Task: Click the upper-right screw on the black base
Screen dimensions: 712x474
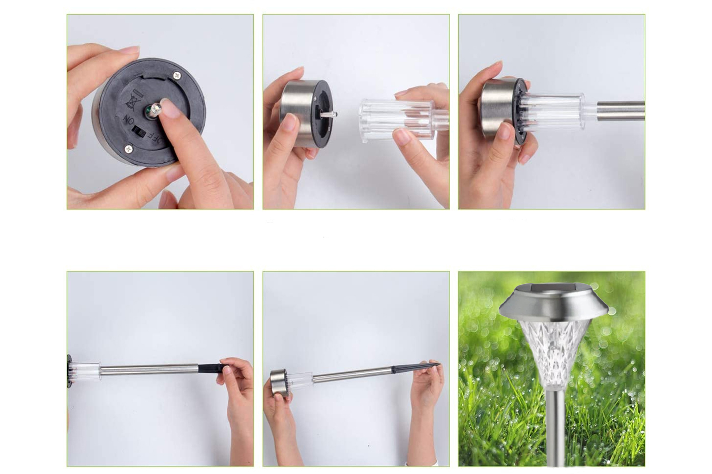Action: point(177,76)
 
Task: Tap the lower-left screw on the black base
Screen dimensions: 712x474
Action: point(128,148)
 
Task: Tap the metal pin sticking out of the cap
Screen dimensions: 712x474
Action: point(329,113)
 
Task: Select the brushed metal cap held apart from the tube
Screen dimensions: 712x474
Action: point(306,113)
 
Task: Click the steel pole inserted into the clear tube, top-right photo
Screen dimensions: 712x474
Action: point(620,110)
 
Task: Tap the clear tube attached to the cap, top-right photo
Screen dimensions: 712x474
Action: point(553,111)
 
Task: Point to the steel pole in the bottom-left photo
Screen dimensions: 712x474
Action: point(149,369)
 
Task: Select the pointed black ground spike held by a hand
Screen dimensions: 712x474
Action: point(416,367)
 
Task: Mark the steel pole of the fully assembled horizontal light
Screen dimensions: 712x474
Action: point(352,374)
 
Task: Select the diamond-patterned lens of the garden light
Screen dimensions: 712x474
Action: point(555,354)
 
